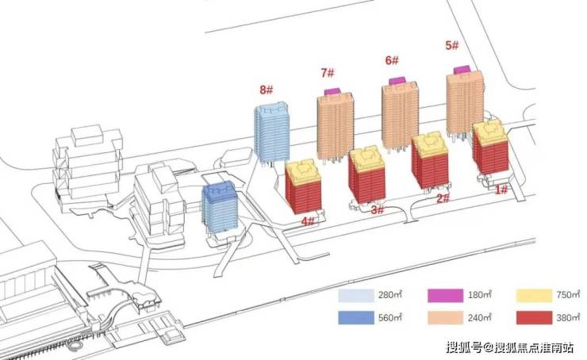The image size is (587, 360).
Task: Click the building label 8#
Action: [267, 90]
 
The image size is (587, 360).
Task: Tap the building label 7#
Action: [327, 73]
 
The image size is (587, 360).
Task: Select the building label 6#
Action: [392, 60]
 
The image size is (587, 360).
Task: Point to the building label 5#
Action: [452, 46]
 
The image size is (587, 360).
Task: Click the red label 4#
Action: [308, 221]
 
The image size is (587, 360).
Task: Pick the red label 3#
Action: [378, 210]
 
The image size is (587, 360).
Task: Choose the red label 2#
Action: [443, 198]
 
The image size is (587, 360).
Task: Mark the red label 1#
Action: [501, 190]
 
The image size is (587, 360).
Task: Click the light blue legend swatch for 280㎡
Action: [356, 296]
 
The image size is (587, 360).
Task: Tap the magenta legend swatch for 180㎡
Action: [446, 296]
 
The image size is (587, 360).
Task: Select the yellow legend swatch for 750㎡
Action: [534, 296]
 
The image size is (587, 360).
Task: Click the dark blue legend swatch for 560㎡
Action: [356, 318]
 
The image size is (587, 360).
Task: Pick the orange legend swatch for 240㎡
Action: [446, 318]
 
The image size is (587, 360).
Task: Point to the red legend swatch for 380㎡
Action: [534, 318]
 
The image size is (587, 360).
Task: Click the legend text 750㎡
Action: [568, 295]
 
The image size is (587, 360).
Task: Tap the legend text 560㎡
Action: [390, 318]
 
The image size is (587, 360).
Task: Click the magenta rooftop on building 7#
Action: [332, 91]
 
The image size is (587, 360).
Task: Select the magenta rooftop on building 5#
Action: [462, 70]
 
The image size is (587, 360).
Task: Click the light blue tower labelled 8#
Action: [272, 132]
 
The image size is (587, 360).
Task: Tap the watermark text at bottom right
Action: [509, 347]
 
